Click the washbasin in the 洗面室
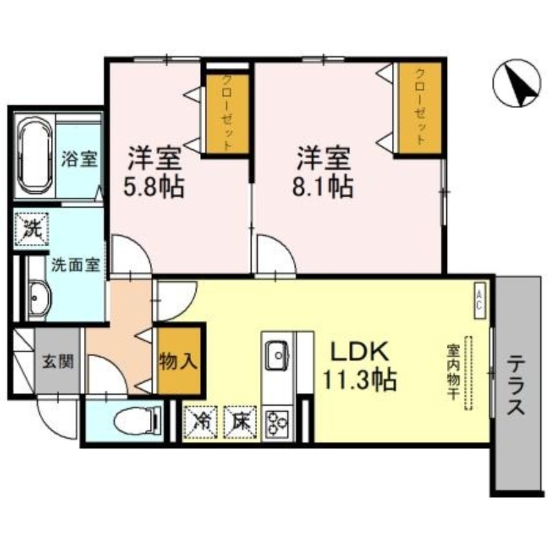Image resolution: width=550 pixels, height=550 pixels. click(38, 298)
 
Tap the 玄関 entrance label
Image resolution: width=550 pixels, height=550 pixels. click(57, 360)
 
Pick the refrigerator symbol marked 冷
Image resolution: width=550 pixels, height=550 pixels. click(199, 419)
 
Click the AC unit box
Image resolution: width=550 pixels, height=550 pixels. click(481, 301)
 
